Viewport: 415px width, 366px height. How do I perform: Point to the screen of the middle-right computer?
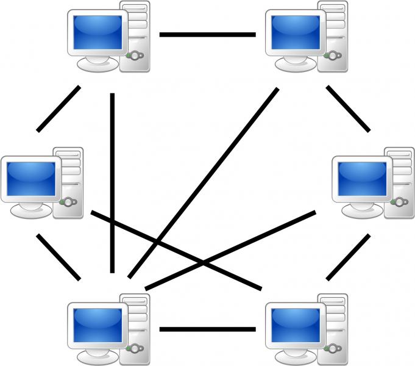(362, 177)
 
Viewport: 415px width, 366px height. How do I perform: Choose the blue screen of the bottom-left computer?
(96, 325)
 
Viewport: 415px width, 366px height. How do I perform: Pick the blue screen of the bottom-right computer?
(295, 325)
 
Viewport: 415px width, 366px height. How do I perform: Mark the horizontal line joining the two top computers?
(207, 35)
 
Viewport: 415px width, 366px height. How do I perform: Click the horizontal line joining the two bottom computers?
(207, 329)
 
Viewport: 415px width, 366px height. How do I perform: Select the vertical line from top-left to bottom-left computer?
(112, 183)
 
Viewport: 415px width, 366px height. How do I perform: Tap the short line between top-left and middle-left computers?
(59, 109)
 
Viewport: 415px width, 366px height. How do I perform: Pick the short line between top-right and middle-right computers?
(348, 109)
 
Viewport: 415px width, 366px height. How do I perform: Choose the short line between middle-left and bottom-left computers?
(59, 257)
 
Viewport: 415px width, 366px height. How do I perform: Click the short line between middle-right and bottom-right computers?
(348, 257)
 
